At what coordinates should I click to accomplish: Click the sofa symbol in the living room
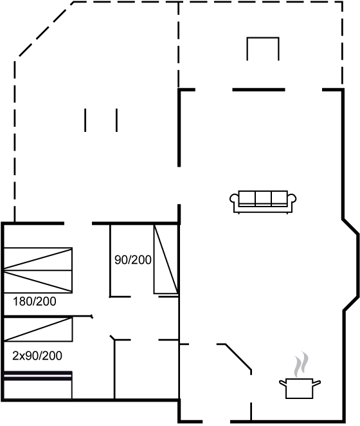[263, 202]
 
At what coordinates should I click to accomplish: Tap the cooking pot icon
[300, 388]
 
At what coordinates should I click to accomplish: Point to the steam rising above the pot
[301, 364]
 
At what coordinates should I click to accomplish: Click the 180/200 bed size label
[35, 301]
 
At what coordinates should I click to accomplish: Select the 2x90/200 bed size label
[37, 356]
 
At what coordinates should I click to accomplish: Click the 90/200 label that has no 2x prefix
[133, 260]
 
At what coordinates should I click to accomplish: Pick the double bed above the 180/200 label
[38, 270]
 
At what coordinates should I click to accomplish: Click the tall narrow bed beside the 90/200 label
[166, 259]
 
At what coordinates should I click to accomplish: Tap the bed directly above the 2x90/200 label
[38, 329]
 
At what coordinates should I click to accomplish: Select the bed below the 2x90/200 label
[38, 385]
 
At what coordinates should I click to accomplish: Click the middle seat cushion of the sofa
[263, 198]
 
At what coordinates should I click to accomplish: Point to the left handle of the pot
[283, 383]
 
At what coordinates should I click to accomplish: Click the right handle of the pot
[317, 383]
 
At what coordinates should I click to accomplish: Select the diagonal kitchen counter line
[239, 357]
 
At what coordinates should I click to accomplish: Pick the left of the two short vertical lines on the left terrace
[85, 120]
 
